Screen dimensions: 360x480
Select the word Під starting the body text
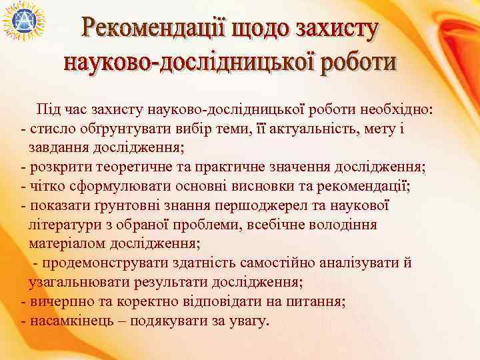pyautogui.click(x=48, y=109)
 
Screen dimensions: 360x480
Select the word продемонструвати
pyautogui.click(x=104, y=263)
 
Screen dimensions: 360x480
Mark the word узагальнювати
pyautogui.click(x=77, y=282)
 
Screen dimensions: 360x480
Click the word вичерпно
pyautogui.click(x=57, y=301)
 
